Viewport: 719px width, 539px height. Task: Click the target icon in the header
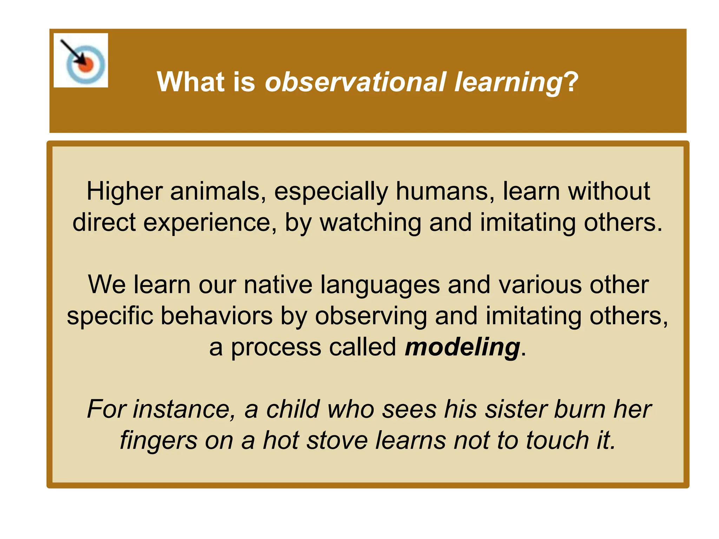(81, 60)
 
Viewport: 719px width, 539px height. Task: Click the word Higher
(124, 192)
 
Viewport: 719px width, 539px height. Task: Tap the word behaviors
(217, 316)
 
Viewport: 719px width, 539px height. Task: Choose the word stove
(337, 441)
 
